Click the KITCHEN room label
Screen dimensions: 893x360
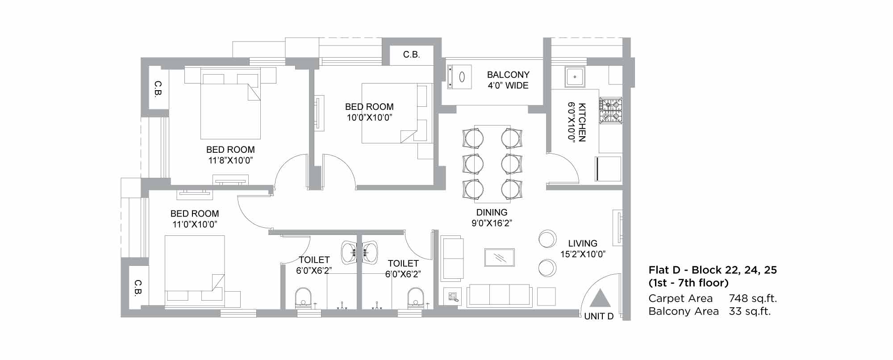(x=582, y=122)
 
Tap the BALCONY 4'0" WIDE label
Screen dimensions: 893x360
(x=508, y=80)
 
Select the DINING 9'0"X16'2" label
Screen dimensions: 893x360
(x=492, y=218)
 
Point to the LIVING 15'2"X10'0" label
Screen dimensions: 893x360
(x=583, y=249)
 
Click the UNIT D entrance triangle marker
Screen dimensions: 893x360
(x=600, y=298)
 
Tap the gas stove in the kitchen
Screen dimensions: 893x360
(x=610, y=111)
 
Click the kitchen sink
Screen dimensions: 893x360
(x=573, y=76)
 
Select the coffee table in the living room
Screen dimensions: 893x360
(x=500, y=257)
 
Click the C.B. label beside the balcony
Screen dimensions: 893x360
(x=411, y=54)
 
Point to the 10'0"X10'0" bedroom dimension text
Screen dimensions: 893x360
(x=369, y=117)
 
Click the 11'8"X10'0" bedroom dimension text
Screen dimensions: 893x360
(x=230, y=160)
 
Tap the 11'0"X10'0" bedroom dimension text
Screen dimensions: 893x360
(x=195, y=224)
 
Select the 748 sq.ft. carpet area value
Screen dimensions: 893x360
(x=753, y=298)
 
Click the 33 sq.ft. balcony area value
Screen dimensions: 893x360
(x=750, y=311)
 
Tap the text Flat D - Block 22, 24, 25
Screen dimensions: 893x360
(x=713, y=270)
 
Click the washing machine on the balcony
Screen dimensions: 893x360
(x=459, y=77)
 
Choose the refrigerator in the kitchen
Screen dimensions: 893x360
(x=608, y=168)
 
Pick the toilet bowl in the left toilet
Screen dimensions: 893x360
(x=303, y=297)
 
